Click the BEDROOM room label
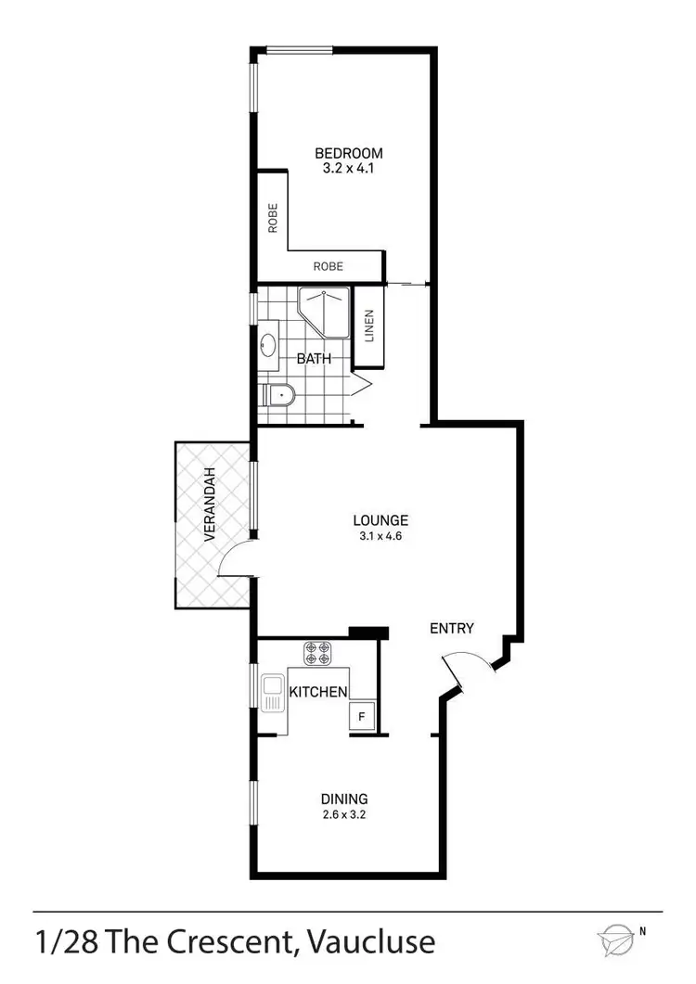tap(348, 153)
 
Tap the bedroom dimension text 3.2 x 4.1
tap(348, 170)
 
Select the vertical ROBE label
tap(274, 220)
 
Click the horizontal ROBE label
tap(328, 266)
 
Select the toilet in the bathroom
tap(277, 396)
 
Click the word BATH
tap(314, 359)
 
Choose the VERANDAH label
tap(211, 505)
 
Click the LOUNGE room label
tap(380, 520)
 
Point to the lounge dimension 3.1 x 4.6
tap(380, 537)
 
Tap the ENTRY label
tap(452, 629)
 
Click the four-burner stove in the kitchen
tap(317, 653)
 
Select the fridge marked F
tap(361, 716)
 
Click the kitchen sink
tap(274, 694)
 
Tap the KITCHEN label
tap(319, 692)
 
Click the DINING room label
tap(344, 799)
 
